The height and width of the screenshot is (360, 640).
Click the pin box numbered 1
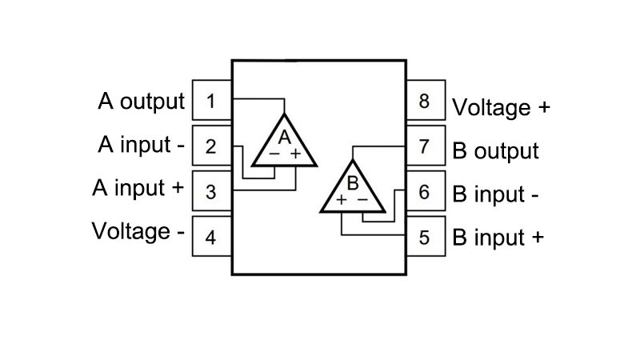pyautogui.click(x=212, y=100)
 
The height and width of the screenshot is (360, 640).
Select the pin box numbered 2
pyautogui.click(x=212, y=146)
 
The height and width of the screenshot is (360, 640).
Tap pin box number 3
pyautogui.click(x=212, y=190)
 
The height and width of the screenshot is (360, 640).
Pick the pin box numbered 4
pyautogui.click(x=212, y=236)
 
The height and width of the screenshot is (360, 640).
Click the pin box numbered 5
pyautogui.click(x=426, y=236)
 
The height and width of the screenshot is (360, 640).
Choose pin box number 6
pyautogui.click(x=426, y=190)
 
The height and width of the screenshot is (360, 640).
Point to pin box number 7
pyautogui.click(x=426, y=146)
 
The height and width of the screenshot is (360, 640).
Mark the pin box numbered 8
pyautogui.click(x=426, y=100)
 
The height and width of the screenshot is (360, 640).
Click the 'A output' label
pyautogui.click(x=142, y=102)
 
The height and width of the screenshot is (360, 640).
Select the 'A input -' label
pyautogui.click(x=142, y=145)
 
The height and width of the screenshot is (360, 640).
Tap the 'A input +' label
pyautogui.click(x=138, y=188)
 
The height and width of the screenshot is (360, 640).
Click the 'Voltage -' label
pyautogui.click(x=138, y=231)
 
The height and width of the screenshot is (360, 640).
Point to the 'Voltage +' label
pyautogui.click(x=502, y=108)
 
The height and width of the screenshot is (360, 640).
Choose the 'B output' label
pyautogui.click(x=495, y=151)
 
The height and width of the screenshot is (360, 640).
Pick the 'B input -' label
pyautogui.click(x=495, y=194)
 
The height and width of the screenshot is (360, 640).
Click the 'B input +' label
pyautogui.click(x=498, y=237)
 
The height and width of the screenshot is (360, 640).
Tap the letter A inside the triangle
pyautogui.click(x=285, y=137)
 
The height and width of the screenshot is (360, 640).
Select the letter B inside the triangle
pyautogui.click(x=353, y=183)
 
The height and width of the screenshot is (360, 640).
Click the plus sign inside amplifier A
pyautogui.click(x=295, y=154)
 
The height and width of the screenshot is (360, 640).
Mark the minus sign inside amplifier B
pyautogui.click(x=362, y=199)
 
